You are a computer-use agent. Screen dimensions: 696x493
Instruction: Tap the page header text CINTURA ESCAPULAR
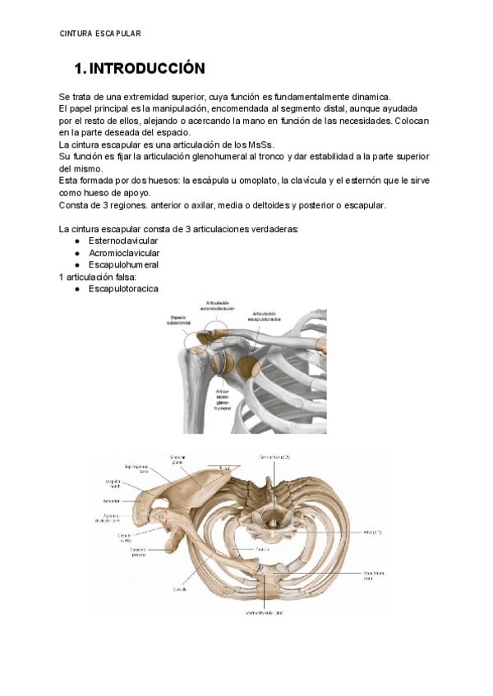click(x=100, y=34)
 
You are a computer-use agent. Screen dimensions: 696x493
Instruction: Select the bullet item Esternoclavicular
click(x=123, y=241)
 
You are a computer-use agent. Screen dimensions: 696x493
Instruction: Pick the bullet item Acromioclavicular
click(x=124, y=253)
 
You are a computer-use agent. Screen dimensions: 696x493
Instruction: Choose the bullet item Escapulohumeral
click(x=123, y=265)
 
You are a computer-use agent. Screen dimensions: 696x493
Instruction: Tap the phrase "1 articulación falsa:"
click(x=99, y=277)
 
